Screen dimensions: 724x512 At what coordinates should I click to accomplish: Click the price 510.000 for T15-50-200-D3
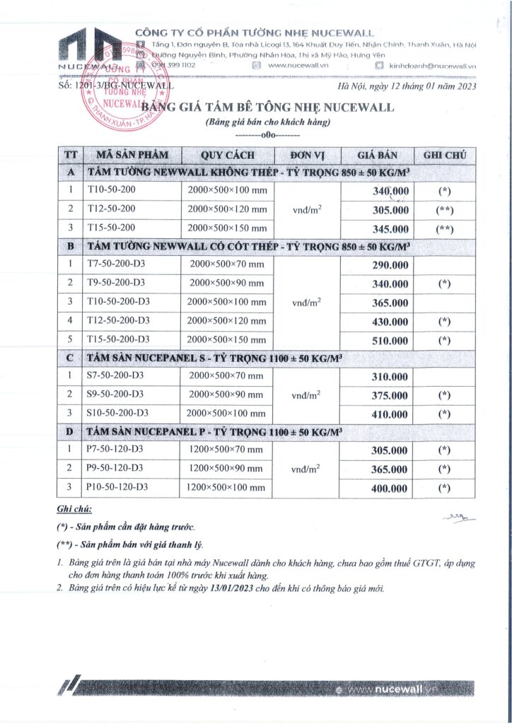click(390, 339)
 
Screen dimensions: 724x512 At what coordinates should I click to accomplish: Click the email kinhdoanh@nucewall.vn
click(431, 66)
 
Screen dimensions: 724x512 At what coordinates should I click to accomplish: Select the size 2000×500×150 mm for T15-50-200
click(227, 228)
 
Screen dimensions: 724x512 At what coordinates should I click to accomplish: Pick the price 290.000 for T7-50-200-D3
click(390, 265)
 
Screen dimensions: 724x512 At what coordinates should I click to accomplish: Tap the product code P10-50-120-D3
click(118, 487)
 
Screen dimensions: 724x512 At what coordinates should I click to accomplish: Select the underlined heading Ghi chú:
click(74, 510)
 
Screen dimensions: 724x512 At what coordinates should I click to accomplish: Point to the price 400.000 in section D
click(390, 488)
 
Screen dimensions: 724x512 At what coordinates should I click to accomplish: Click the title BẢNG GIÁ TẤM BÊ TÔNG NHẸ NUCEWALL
click(267, 107)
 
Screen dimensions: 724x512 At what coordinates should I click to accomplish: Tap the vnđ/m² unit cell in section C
click(306, 395)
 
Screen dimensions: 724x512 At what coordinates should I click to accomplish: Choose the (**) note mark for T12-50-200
click(445, 210)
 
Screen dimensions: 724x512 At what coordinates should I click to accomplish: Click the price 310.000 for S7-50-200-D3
click(390, 377)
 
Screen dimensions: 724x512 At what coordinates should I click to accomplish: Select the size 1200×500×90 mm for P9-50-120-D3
click(226, 469)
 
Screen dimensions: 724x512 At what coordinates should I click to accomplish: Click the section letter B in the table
click(70, 247)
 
